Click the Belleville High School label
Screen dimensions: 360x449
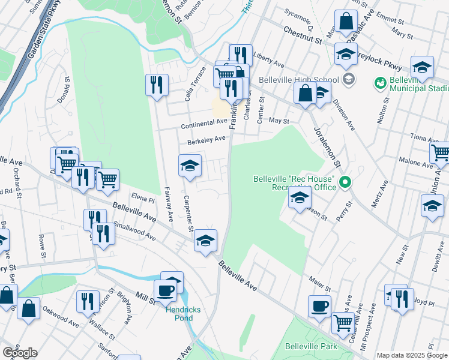click(299, 80)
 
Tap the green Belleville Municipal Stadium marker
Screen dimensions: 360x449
click(379, 82)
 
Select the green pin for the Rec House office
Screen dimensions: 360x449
click(345, 181)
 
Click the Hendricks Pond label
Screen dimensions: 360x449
click(180, 313)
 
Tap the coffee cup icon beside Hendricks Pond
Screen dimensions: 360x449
click(166, 291)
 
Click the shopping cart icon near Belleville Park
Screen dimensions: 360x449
click(343, 322)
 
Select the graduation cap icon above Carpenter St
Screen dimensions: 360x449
click(190, 166)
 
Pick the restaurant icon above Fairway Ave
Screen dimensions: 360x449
click(157, 84)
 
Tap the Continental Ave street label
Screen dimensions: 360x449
click(205, 124)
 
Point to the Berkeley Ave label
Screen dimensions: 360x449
click(206, 140)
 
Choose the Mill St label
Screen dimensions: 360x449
click(146, 296)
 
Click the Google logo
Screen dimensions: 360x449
click(19, 353)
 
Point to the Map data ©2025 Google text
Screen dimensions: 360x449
click(412, 355)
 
